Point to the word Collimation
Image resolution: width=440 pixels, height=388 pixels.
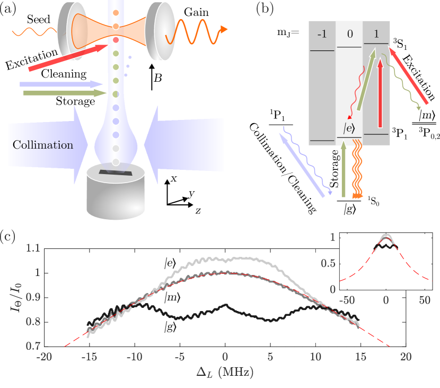tap(43, 145)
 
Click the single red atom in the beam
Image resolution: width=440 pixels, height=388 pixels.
tap(116, 40)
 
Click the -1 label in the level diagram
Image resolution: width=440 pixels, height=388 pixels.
tap(322, 35)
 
